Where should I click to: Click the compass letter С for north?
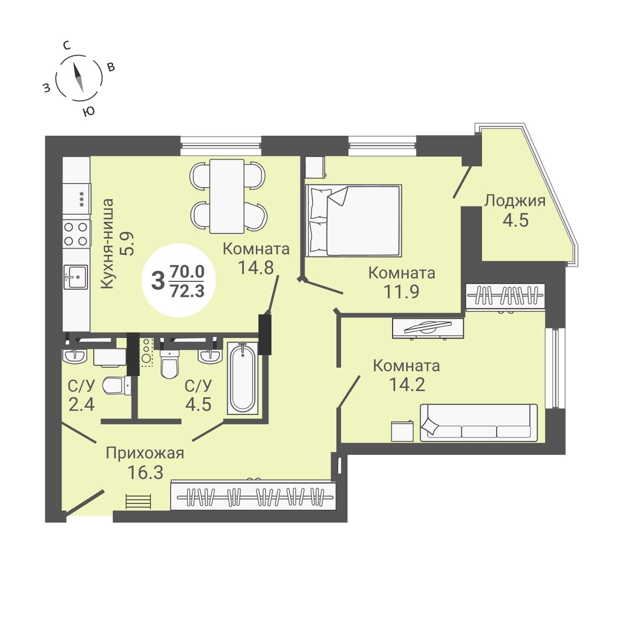click(x=67, y=45)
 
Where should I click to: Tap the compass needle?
click(x=78, y=77)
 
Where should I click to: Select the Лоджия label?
click(x=514, y=201)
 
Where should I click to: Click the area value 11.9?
click(x=401, y=291)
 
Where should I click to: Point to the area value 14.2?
click(x=407, y=385)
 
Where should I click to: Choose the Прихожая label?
click(x=145, y=453)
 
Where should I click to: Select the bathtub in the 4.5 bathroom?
click(x=242, y=378)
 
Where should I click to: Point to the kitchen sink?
click(x=75, y=276)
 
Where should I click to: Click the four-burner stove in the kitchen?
click(x=75, y=233)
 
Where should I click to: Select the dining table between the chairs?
click(x=227, y=196)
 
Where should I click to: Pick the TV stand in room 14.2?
click(x=427, y=328)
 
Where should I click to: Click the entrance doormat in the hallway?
click(x=138, y=501)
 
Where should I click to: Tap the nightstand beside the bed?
click(x=315, y=167)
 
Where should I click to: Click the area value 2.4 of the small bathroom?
click(x=82, y=404)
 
